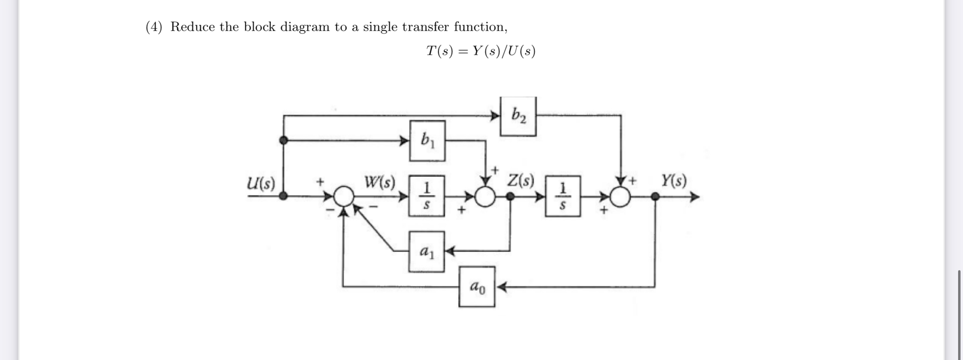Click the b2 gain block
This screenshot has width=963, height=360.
pyautogui.click(x=518, y=116)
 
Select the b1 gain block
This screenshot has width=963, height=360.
pyautogui.click(x=427, y=141)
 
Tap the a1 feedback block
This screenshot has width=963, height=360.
pyautogui.click(x=426, y=251)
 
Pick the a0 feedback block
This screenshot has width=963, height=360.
pyautogui.click(x=477, y=287)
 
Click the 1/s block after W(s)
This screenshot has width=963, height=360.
pyautogui.click(x=426, y=196)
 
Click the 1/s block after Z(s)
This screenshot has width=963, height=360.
pyautogui.click(x=563, y=196)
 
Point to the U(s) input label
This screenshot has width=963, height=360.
pyautogui.click(x=261, y=183)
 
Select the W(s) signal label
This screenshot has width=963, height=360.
pyautogui.click(x=380, y=182)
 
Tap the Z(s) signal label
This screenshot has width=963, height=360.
pyautogui.click(x=520, y=180)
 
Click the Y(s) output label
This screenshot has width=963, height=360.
pyautogui.click(x=674, y=180)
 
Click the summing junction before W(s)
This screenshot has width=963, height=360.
pyautogui.click(x=344, y=196)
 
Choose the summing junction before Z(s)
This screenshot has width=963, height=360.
pyautogui.click(x=485, y=197)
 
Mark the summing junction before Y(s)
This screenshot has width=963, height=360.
pyautogui.click(x=620, y=197)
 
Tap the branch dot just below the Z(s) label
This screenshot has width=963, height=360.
pyautogui.click(x=510, y=197)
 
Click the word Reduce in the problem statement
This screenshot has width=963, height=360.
pyautogui.click(x=193, y=27)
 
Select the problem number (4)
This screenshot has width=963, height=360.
pyautogui.click(x=154, y=27)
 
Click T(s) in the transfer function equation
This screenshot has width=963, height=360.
pyautogui.click(x=439, y=51)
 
